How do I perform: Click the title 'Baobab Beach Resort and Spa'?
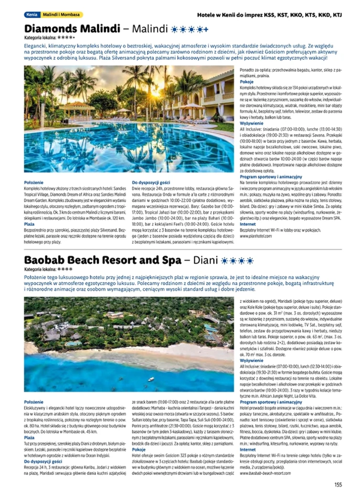[103, 261]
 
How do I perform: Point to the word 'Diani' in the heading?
[202, 261]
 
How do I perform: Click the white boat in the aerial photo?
[151, 379]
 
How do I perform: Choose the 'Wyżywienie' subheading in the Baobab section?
[251, 361]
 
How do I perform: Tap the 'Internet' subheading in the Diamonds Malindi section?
[247, 224]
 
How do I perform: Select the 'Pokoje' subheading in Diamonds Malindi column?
[246, 82]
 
